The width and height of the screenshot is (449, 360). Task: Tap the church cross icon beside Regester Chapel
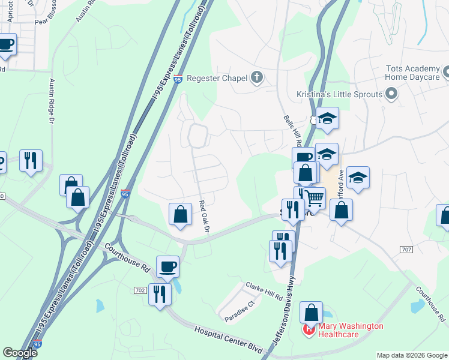[257, 77]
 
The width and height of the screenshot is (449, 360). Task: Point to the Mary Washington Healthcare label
[351, 330]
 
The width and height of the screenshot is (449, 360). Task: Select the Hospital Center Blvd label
[229, 339]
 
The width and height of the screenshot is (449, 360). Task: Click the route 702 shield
[140, 290]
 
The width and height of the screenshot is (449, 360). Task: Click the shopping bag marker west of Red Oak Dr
[181, 214]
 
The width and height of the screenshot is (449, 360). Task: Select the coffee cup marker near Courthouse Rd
[168, 266]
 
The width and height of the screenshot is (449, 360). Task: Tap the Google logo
[20, 353]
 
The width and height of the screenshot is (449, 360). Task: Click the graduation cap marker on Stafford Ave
[358, 178]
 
